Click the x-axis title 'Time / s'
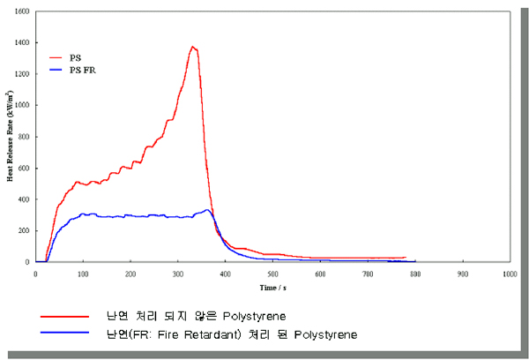pyautogui.click(x=272, y=288)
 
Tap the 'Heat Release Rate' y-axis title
pyautogui.click(x=10, y=138)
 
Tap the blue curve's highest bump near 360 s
pyautogui.click(x=206, y=210)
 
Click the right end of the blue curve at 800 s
pyautogui.click(x=414, y=261)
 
